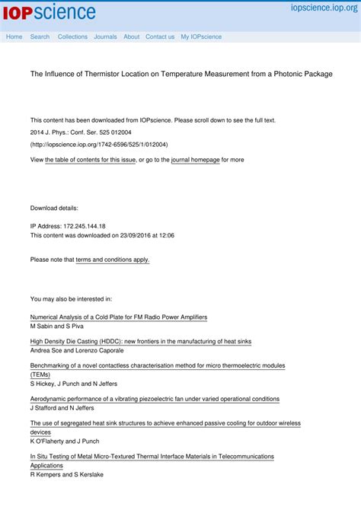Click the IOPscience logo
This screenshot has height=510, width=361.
tap(49, 12)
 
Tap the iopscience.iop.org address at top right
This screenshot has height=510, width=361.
tap(324, 7)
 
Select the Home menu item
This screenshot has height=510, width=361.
tap(14, 37)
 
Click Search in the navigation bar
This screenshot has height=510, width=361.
tap(40, 37)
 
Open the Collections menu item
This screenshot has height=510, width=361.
tap(72, 37)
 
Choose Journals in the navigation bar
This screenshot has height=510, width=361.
tap(105, 37)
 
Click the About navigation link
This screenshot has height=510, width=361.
tap(131, 37)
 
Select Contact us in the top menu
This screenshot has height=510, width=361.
tap(160, 37)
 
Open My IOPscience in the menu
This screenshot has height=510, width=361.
tap(201, 37)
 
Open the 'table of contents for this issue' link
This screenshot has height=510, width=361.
tap(90, 160)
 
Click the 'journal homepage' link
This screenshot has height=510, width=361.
tap(195, 160)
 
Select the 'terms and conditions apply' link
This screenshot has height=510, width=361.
tap(112, 260)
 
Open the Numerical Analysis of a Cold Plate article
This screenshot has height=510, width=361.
tap(118, 317)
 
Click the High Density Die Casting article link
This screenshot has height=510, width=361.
tap(140, 342)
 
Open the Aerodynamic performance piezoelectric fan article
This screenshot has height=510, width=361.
tap(155, 399)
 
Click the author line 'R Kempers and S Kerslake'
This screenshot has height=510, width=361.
tap(66, 474)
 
